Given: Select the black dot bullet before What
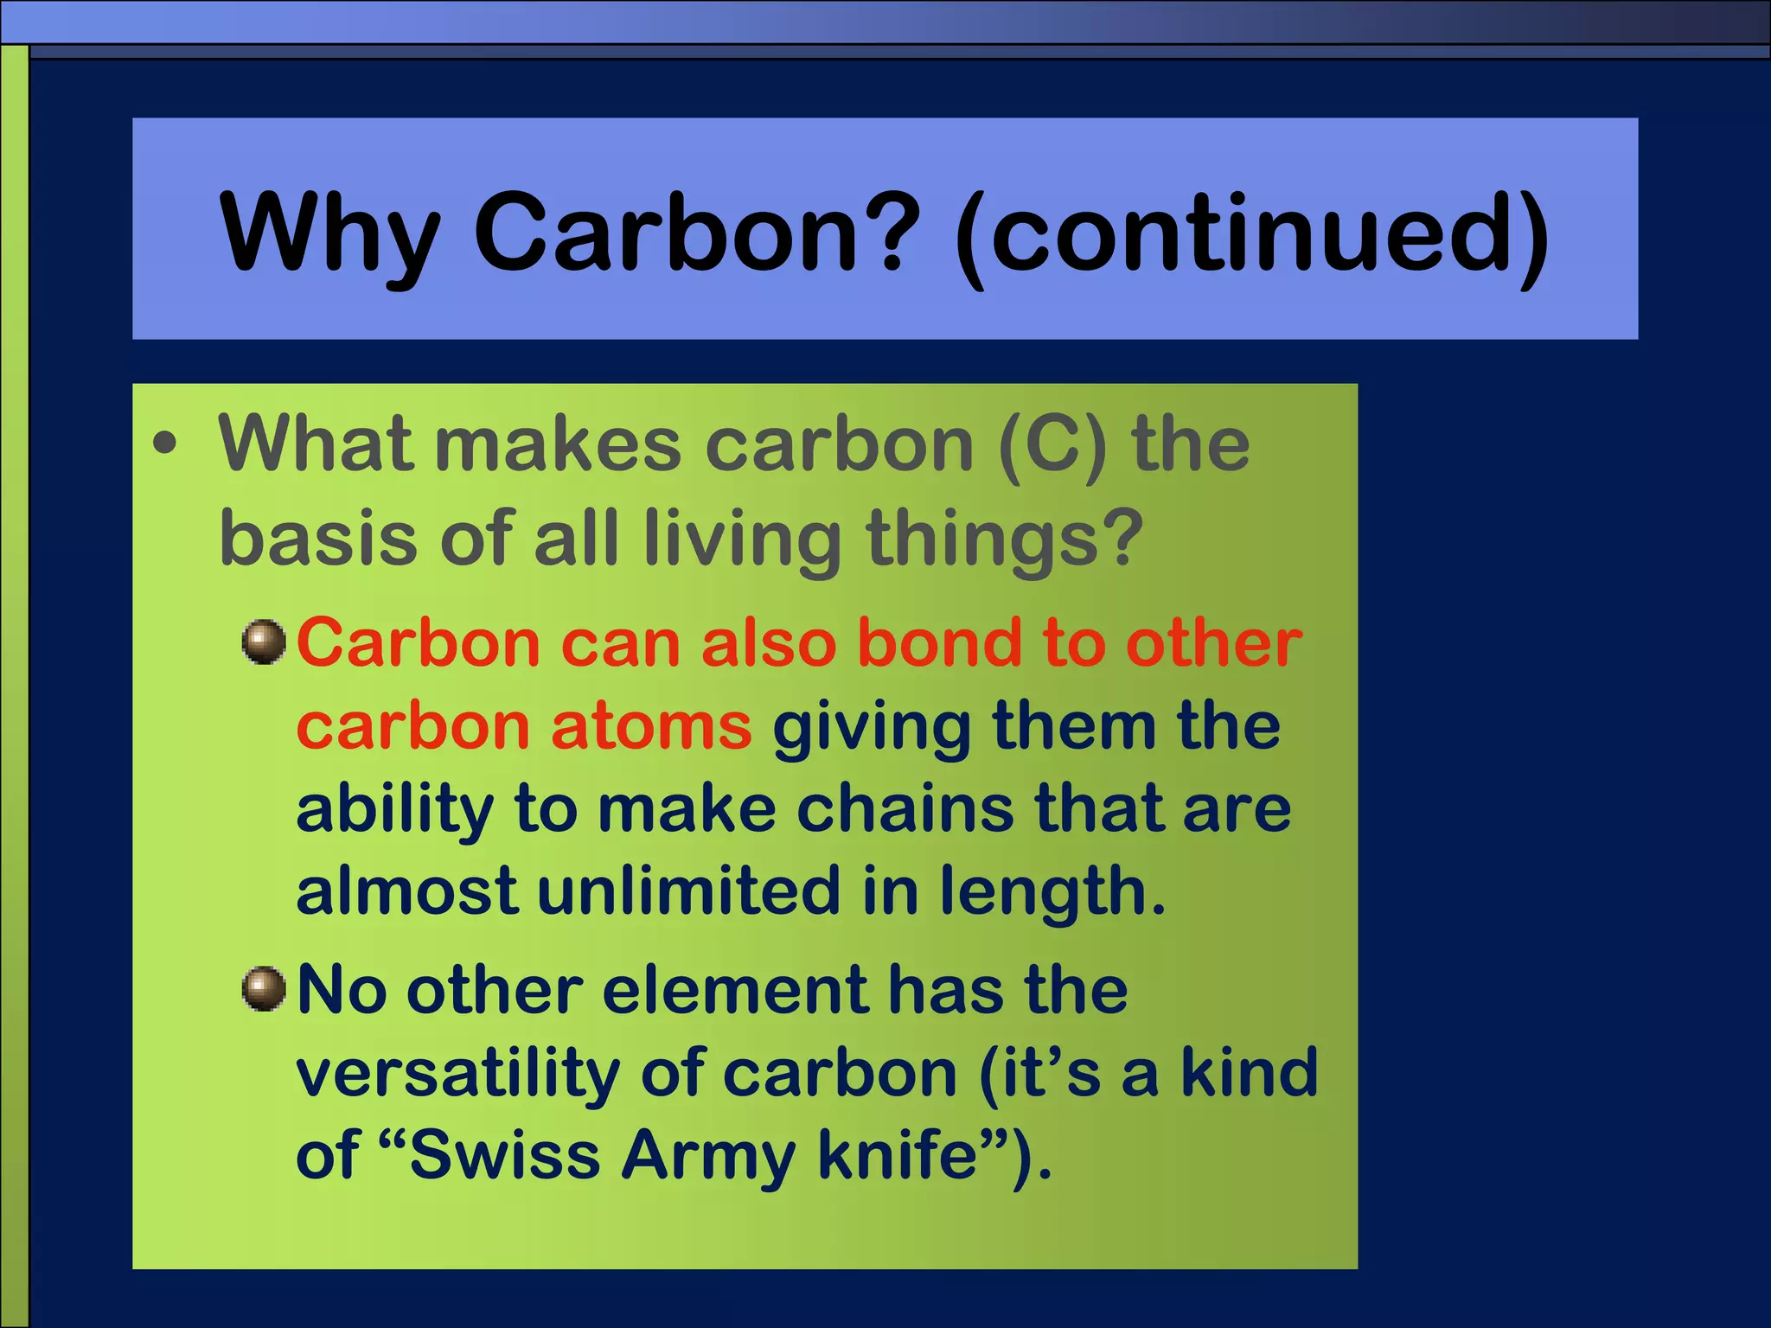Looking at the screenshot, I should pos(164,444).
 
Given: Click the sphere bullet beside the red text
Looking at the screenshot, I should pos(264,642).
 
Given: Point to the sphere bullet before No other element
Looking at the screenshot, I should pos(264,989).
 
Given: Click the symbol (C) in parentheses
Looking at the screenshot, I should pos(1052,445).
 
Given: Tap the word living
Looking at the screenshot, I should pos(742,540).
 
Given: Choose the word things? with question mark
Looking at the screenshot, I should pos(1006,540).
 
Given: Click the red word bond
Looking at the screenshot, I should pos(941,644).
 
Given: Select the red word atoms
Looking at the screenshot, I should pos(651,726).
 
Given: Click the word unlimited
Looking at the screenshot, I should pos(688,891).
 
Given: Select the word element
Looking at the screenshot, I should pos(736,991).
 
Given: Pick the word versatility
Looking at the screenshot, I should pos(457,1074).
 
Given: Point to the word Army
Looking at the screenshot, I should pos(708,1157).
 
